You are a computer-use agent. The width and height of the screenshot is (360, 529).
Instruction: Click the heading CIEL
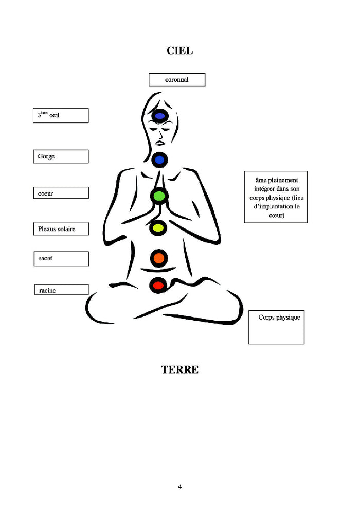pyautogui.click(x=179, y=50)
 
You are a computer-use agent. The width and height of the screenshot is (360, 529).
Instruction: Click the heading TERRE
pyautogui.click(x=179, y=369)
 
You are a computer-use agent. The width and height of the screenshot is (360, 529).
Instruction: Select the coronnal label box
pyautogui.click(x=177, y=80)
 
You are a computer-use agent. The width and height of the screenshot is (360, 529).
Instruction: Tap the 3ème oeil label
pyautogui.click(x=61, y=115)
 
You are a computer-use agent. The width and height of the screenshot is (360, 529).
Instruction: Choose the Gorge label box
pyautogui.click(x=61, y=156)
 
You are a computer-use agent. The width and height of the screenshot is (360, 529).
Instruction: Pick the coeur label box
pyautogui.click(x=61, y=193)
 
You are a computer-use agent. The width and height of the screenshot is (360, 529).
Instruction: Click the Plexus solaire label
pyautogui.click(x=61, y=228)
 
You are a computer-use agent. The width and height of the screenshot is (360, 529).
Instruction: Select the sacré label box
pyautogui.click(x=61, y=258)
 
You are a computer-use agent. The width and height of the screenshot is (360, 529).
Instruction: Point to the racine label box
pyautogui.click(x=61, y=290)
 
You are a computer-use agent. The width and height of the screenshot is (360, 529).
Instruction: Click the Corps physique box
pyautogui.click(x=277, y=327)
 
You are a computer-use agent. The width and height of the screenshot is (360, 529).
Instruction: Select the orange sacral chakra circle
pyautogui.click(x=158, y=258)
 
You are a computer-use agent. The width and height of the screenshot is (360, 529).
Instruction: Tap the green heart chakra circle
pyautogui.click(x=159, y=196)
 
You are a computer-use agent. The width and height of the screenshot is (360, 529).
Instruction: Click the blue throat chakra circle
pyautogui.click(x=159, y=160)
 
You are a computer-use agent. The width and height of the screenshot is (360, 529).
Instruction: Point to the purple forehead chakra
pyautogui.click(x=159, y=117)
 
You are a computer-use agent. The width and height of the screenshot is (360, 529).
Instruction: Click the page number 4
pyautogui.click(x=180, y=486)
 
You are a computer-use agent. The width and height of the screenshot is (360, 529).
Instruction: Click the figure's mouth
pyautogui.click(x=160, y=143)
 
